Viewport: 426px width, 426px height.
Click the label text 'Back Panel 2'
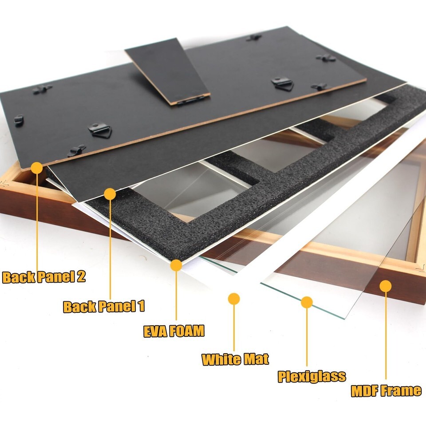coord(44,277)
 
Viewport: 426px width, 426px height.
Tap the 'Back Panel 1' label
coord(104,306)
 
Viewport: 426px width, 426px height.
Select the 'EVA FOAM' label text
coord(174,331)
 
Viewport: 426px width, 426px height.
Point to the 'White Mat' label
coord(235,359)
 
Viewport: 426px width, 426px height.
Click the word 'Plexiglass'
coord(312,377)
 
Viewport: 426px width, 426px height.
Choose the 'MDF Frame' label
coord(386,390)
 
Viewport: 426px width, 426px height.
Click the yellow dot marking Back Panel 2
coord(37,168)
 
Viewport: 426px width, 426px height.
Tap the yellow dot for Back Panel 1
coord(110,194)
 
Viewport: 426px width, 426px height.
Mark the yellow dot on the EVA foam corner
coord(176,265)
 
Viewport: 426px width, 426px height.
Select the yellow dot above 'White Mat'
coord(234,299)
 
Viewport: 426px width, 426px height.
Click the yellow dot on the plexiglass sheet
coord(307,302)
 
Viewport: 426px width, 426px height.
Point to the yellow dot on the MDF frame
coord(386,286)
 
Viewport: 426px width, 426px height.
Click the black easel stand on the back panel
coord(167,71)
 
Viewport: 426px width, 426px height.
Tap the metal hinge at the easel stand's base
coord(191,100)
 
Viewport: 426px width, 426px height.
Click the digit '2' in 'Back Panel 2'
coord(81,277)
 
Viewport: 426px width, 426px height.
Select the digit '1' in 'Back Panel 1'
coord(141,306)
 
